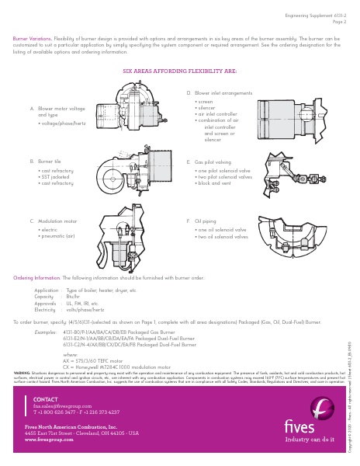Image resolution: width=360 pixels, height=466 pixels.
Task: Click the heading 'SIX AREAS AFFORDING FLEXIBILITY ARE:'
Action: [x=180, y=71]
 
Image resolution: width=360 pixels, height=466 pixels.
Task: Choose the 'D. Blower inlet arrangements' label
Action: [x=220, y=92]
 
